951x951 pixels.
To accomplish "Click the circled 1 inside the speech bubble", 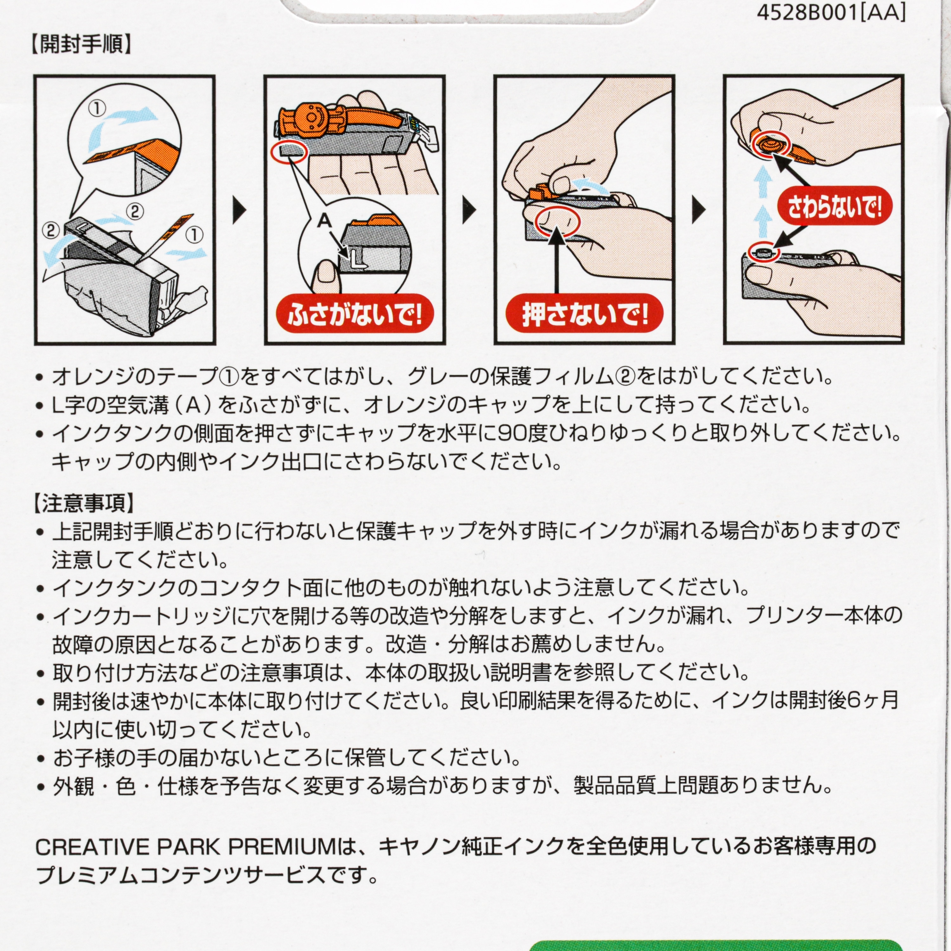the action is point(97,108).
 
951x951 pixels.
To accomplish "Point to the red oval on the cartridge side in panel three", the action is point(559,222).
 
